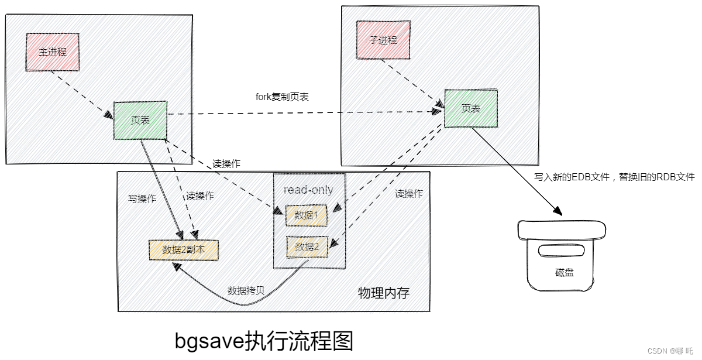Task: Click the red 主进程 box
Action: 52,52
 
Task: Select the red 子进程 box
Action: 383,40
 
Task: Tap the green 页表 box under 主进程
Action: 140,120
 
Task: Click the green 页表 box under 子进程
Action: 471,108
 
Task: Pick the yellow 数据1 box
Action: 306,215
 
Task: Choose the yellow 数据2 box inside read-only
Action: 307,247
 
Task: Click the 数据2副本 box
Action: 184,250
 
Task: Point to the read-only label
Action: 308,190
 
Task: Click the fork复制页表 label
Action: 282,97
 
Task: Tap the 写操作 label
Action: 142,198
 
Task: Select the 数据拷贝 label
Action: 246,290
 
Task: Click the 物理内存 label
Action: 384,293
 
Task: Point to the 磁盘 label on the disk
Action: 565,272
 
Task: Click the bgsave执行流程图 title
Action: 264,341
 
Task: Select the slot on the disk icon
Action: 561,251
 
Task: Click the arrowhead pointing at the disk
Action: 558,211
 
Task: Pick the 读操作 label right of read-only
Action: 409,194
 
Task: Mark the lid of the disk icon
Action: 562,230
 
